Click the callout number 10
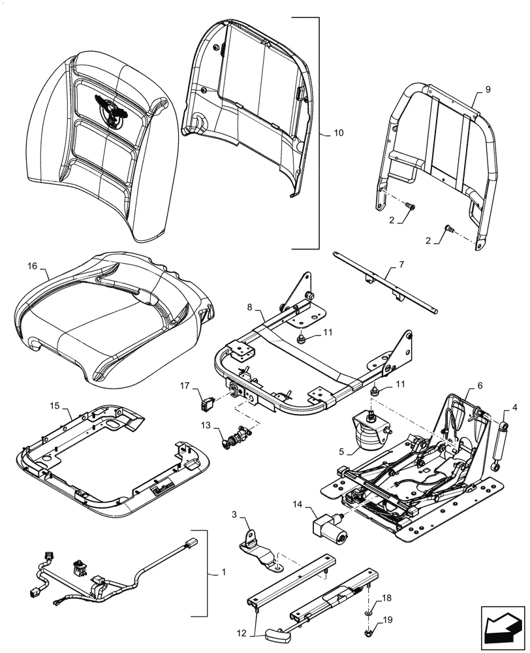pyautogui.click(x=338, y=133)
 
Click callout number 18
pyautogui.click(x=386, y=598)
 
